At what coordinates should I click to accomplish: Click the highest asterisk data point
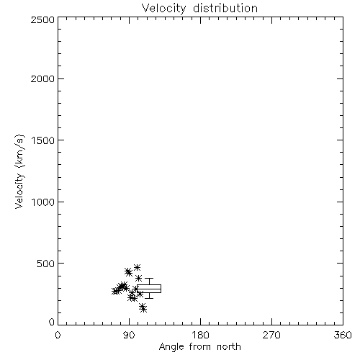[x=137, y=267]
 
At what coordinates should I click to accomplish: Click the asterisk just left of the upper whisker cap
[x=138, y=279]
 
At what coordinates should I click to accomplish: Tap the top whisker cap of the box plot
[x=149, y=279]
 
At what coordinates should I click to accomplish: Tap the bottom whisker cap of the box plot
[x=149, y=298]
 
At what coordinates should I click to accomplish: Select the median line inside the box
[x=149, y=289]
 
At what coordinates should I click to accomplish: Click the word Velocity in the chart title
[x=164, y=9]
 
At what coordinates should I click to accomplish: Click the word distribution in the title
[x=225, y=8]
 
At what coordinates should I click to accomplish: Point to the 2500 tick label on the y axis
[x=42, y=19]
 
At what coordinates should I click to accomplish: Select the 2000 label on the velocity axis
[x=42, y=78]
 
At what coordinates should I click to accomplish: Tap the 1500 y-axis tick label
[x=43, y=140]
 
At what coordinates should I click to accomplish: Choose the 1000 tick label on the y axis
[x=43, y=202]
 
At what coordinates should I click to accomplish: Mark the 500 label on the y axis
[x=46, y=264]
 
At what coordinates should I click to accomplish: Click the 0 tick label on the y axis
[x=52, y=322]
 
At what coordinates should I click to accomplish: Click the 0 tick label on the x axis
[x=58, y=335]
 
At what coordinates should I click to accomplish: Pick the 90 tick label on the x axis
[x=129, y=335]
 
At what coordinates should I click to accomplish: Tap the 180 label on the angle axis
[x=200, y=335]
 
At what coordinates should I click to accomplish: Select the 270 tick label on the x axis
[x=271, y=335]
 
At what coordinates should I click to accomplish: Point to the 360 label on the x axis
[x=343, y=335]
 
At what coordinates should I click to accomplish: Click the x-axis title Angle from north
[x=200, y=347]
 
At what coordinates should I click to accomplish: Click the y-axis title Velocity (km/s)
[x=19, y=171]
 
